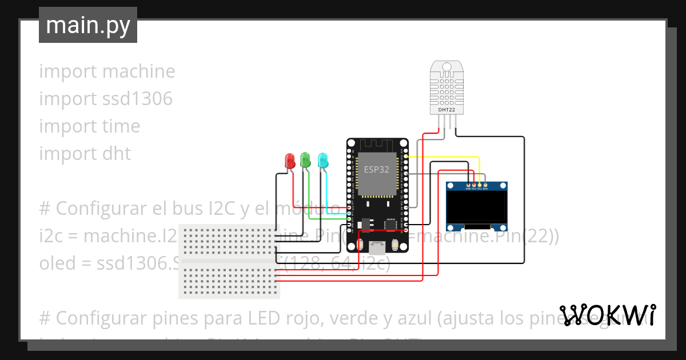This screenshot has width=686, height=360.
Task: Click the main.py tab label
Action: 88,26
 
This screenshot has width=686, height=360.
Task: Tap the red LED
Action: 290,160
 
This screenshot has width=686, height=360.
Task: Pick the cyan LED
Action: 323,160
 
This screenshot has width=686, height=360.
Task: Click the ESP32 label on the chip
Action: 377,169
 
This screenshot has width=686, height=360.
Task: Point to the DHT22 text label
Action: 446,109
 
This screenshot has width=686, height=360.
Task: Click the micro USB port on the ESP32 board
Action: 377,247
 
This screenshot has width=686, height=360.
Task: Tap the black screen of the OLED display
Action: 477,207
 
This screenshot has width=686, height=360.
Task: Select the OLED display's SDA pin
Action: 485,185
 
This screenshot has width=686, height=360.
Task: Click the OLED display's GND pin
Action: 469,185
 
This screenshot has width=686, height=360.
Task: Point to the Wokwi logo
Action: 607,315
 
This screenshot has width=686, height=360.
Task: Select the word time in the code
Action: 119,126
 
